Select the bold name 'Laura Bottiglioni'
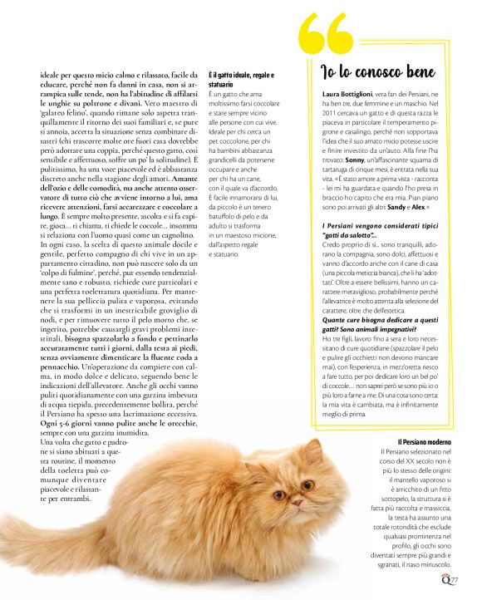(350, 96)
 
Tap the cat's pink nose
(296, 503)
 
